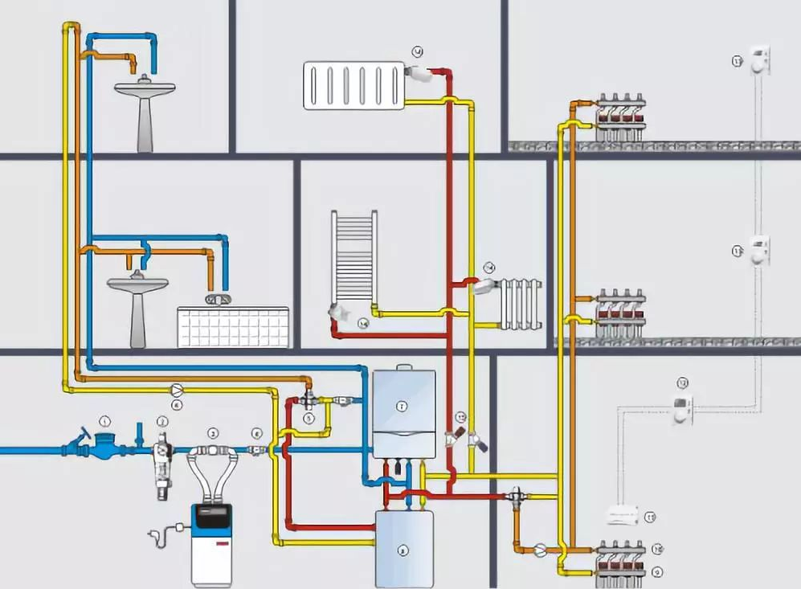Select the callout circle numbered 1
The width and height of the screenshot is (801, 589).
(x=104, y=420)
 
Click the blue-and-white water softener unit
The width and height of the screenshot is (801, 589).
(x=211, y=542)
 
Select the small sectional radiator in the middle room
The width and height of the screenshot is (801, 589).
(x=521, y=304)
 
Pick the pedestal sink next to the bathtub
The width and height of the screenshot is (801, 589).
(x=137, y=305)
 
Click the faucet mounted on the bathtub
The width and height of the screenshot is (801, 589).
(x=217, y=300)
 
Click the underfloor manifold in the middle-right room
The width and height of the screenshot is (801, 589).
(x=620, y=313)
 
